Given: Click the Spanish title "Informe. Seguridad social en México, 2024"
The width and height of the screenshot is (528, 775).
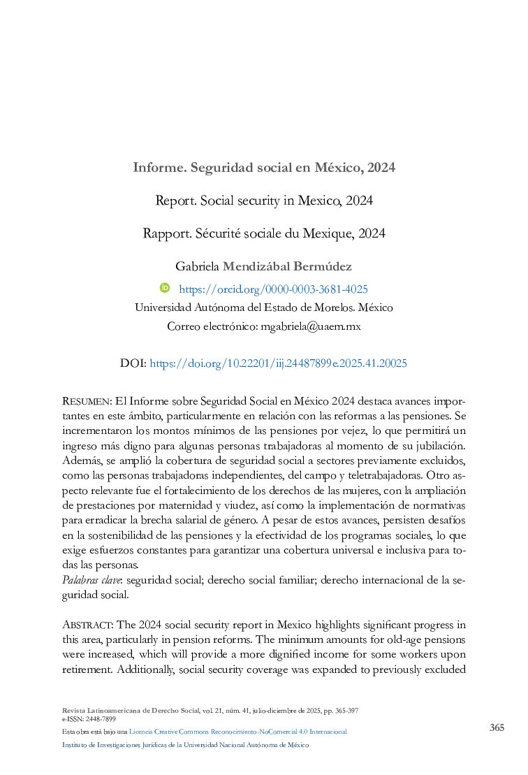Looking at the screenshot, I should tap(264, 168).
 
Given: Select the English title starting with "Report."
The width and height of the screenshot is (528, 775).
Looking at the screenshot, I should tap(264, 201).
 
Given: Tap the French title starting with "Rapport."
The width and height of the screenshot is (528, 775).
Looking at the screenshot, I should tap(264, 233).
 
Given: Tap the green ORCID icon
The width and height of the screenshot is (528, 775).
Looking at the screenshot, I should tap(166, 288).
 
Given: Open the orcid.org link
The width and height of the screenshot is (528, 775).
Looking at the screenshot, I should tap(273, 289).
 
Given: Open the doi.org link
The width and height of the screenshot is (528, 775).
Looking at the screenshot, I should tap(278, 363).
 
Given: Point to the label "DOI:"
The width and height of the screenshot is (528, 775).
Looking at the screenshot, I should tap(133, 363).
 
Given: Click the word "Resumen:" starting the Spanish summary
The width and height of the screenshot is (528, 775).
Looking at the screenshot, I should tap(87, 402).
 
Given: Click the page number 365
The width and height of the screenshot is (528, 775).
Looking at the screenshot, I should tap(497, 727).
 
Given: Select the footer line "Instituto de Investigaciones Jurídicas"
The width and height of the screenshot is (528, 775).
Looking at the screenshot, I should tap(185, 745).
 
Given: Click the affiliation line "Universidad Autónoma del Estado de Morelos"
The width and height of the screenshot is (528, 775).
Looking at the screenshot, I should tap(263, 307).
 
